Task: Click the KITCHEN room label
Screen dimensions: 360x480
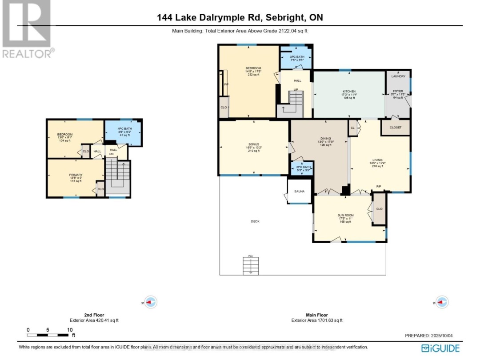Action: (x=349, y=91)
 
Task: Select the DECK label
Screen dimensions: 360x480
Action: (x=255, y=221)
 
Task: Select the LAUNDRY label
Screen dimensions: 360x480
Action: (x=398, y=76)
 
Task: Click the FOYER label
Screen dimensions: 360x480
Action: (x=398, y=91)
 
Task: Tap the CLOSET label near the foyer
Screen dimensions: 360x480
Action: (x=395, y=128)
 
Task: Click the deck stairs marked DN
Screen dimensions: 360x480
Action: (x=251, y=266)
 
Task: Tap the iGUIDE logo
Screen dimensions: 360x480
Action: (x=440, y=348)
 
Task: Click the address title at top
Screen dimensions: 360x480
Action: (x=240, y=18)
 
